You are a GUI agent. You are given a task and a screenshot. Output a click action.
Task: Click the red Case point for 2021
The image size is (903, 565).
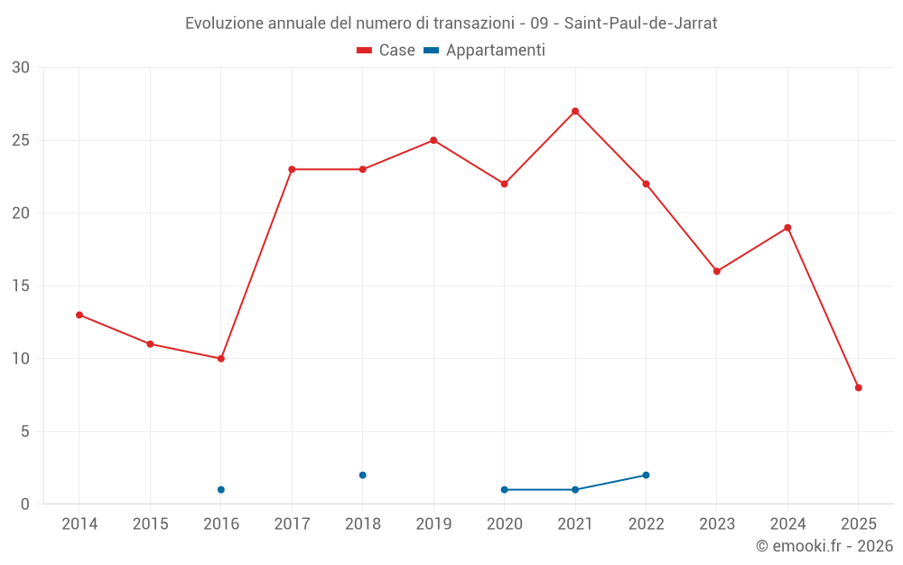[575, 111]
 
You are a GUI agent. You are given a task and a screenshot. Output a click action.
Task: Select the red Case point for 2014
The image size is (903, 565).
[79, 315]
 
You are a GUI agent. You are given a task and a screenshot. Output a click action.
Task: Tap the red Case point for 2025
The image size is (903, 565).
[859, 388]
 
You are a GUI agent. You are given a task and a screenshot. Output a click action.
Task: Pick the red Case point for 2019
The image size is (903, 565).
[433, 140]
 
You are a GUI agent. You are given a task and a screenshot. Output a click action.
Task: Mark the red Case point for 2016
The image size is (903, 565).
[221, 359]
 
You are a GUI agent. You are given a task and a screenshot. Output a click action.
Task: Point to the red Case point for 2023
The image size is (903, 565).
[717, 271]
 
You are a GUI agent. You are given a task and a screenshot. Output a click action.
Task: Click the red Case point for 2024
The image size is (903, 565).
[787, 228]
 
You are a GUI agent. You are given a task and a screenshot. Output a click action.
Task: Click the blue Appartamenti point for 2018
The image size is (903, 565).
[363, 475]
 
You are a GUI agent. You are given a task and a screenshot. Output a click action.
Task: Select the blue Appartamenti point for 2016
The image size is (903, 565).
[221, 490]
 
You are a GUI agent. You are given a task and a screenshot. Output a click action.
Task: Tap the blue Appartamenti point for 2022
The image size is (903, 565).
[647, 475]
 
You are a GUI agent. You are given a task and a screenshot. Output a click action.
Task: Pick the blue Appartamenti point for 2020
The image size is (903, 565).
[505, 490]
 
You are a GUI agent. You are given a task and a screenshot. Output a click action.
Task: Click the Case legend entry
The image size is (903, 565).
[386, 51]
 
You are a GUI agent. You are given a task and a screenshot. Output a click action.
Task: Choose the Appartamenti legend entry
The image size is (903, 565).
[485, 51]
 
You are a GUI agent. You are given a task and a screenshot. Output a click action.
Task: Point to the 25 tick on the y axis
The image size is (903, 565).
[21, 140]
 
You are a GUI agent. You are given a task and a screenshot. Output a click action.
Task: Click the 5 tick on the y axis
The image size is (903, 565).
[25, 431]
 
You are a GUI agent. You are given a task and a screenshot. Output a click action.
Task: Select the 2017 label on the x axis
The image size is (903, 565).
[292, 524]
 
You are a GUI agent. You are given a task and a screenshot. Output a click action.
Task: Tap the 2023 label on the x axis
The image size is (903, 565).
[717, 524]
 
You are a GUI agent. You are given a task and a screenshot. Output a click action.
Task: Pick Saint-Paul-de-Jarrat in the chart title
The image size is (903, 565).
[640, 24]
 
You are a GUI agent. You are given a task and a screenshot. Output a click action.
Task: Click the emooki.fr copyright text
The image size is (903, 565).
[824, 546]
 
